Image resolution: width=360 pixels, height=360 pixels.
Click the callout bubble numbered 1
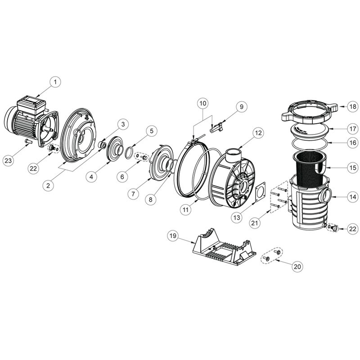(55, 82)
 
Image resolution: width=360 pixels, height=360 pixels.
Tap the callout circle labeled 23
(8, 161)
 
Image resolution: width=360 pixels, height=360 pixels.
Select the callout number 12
(258, 133)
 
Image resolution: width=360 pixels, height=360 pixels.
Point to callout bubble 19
(173, 235)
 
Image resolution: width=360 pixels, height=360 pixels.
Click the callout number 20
(297, 266)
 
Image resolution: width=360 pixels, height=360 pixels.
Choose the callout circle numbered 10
(203, 103)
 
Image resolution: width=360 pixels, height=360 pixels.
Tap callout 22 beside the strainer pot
(353, 229)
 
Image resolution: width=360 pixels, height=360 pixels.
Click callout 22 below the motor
(33, 168)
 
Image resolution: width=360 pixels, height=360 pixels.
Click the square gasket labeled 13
(261, 193)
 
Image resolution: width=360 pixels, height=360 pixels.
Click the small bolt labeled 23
(28, 141)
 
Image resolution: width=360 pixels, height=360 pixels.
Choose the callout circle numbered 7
(133, 194)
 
